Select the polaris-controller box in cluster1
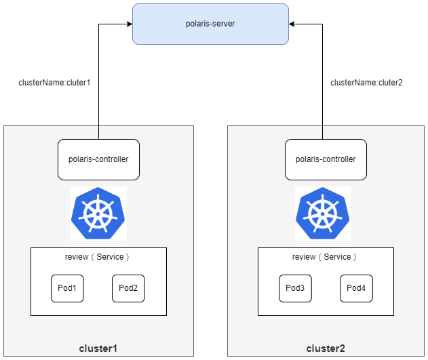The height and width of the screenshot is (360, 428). tap(98, 159)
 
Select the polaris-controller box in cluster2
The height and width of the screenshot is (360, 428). tap(326, 159)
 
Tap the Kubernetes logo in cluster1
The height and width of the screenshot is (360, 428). tap(98, 214)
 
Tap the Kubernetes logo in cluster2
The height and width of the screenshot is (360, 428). tap(323, 214)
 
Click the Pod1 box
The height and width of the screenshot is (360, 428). tap(67, 288)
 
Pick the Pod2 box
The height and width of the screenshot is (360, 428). tap(128, 288)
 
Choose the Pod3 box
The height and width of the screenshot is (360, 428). tap(295, 288)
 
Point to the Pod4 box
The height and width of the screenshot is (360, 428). tap(356, 288)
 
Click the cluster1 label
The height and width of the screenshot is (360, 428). tap(98, 348)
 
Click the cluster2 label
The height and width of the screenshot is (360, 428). tap(326, 348)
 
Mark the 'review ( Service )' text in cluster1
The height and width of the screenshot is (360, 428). tap(97, 257)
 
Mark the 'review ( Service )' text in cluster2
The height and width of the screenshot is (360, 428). tap(324, 257)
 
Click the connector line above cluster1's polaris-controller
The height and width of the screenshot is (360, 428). tap(98, 133)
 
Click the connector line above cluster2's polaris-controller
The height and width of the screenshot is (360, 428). tap(322, 133)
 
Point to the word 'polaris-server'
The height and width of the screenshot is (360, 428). tap(210, 24)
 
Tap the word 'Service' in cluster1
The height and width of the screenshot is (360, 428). tap(110, 257)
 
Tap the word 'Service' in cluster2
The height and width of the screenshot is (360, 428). tap(337, 257)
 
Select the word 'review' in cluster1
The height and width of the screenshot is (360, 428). tap(77, 257)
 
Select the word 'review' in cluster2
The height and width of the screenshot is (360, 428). tap(304, 257)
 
